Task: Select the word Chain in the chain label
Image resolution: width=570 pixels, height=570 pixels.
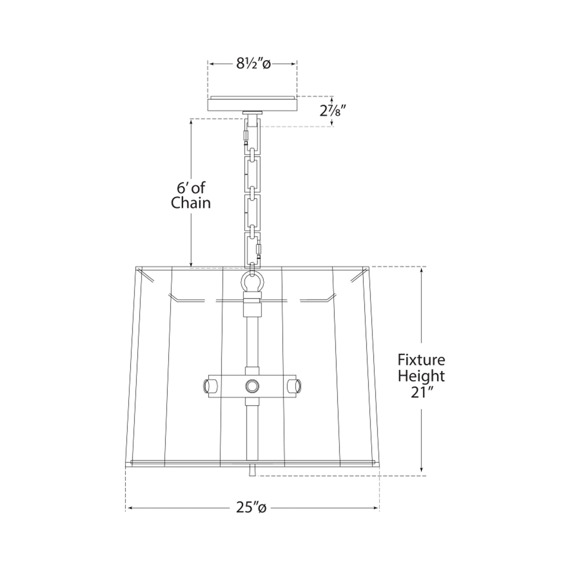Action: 191,203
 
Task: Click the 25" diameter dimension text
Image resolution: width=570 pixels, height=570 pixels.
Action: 251,508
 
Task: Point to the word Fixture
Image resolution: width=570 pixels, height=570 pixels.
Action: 421,360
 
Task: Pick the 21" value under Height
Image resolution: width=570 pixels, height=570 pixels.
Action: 421,393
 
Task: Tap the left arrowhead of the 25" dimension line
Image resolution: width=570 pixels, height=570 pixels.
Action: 129,508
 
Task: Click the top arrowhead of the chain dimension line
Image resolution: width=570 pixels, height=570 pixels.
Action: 191,122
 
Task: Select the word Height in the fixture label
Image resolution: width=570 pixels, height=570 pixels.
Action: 421,376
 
